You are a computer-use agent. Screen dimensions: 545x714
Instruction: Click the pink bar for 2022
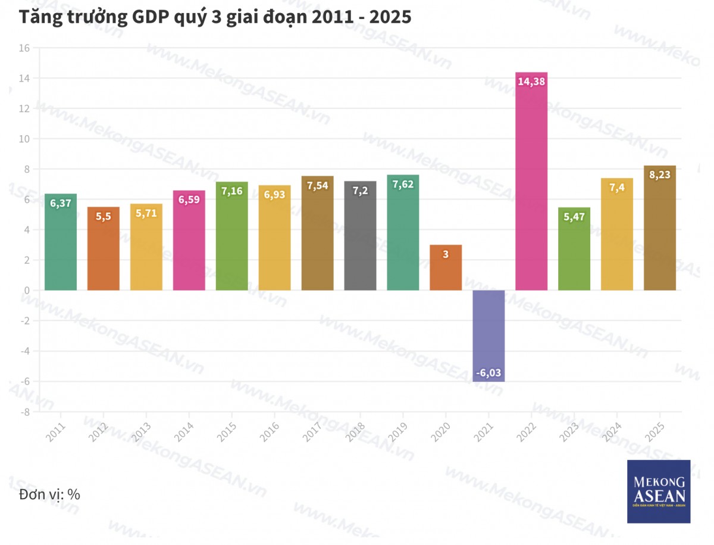click(x=531, y=185)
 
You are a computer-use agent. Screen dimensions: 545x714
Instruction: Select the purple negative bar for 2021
click(x=488, y=334)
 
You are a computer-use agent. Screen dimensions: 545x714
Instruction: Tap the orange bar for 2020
click(x=446, y=268)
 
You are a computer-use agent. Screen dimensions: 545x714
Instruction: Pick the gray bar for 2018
click(x=360, y=238)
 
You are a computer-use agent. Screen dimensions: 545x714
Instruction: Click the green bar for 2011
click(x=61, y=244)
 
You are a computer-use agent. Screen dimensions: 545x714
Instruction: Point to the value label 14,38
click(x=531, y=82)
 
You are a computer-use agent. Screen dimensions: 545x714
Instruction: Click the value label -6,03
click(x=488, y=373)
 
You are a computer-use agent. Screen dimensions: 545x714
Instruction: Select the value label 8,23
click(x=660, y=175)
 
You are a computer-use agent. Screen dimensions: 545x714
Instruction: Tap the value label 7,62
click(x=403, y=184)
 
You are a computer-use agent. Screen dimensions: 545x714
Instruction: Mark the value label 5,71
click(x=146, y=213)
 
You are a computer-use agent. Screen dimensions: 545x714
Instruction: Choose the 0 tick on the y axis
click(x=27, y=290)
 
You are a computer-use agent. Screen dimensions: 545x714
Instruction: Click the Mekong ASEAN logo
click(x=659, y=491)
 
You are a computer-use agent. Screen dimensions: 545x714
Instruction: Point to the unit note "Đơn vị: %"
click(x=49, y=494)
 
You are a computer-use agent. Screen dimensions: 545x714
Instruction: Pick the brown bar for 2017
click(x=317, y=238)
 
